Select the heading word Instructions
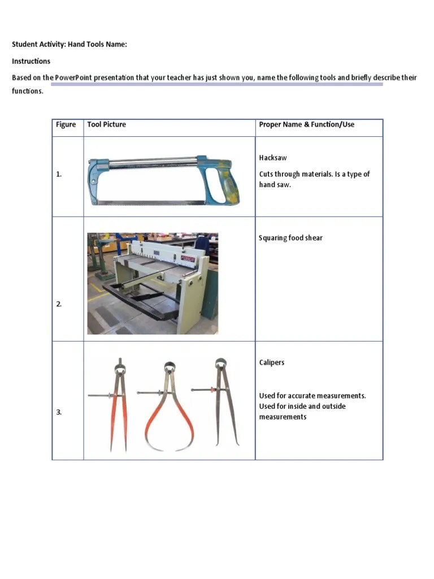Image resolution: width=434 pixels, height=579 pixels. click(x=31, y=61)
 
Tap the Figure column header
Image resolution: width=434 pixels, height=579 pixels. click(x=66, y=124)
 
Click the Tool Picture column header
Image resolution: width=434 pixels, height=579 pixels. click(x=107, y=124)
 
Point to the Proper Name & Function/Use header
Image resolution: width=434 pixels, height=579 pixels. click(x=307, y=124)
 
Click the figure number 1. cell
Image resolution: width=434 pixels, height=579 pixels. click(x=59, y=175)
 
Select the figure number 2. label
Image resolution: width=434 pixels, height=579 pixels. click(x=59, y=304)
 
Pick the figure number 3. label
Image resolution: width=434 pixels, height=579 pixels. click(x=59, y=412)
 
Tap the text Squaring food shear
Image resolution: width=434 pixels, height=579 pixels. click(x=290, y=238)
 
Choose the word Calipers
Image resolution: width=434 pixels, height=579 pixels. click(x=272, y=362)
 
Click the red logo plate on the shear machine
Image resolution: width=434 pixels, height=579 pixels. click(x=188, y=258)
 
